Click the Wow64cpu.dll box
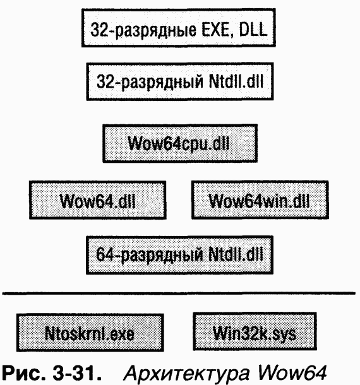coord(180,143)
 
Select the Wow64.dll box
coord(98,200)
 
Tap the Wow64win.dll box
coord(260,200)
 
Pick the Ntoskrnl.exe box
coord(90,333)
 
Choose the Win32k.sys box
coord(255,331)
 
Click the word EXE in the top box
coord(217,30)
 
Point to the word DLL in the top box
coord(253,30)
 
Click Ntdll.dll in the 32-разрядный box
coord(236,81)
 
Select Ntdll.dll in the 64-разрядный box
coord(236,254)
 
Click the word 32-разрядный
coord(150,82)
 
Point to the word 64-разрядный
coord(150,255)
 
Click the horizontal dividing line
coord(179,293)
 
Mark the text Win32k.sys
coord(255,333)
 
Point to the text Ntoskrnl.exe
coord(90,334)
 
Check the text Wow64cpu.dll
coord(179,144)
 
